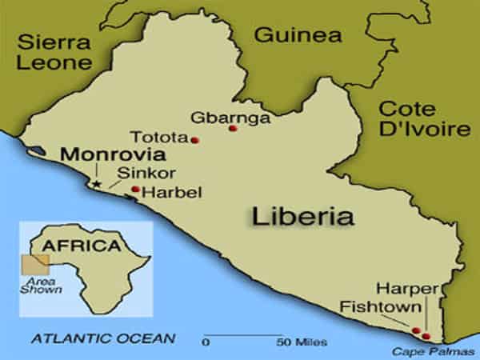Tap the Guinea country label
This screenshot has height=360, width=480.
pos(297,35)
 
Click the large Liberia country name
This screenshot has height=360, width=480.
pos(302,216)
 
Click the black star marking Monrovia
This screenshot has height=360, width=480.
pos(96,184)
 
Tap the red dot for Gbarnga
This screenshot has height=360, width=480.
pos(233,128)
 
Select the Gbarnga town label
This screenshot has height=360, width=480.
pos(218,118)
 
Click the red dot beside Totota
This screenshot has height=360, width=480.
pos(194,140)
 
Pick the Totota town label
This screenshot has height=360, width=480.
pos(161,137)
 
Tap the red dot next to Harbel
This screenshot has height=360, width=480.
pos(135,190)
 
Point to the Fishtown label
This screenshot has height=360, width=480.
pos(370,306)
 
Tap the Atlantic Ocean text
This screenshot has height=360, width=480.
pos(104,339)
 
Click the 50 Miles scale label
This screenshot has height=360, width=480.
pos(302,342)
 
